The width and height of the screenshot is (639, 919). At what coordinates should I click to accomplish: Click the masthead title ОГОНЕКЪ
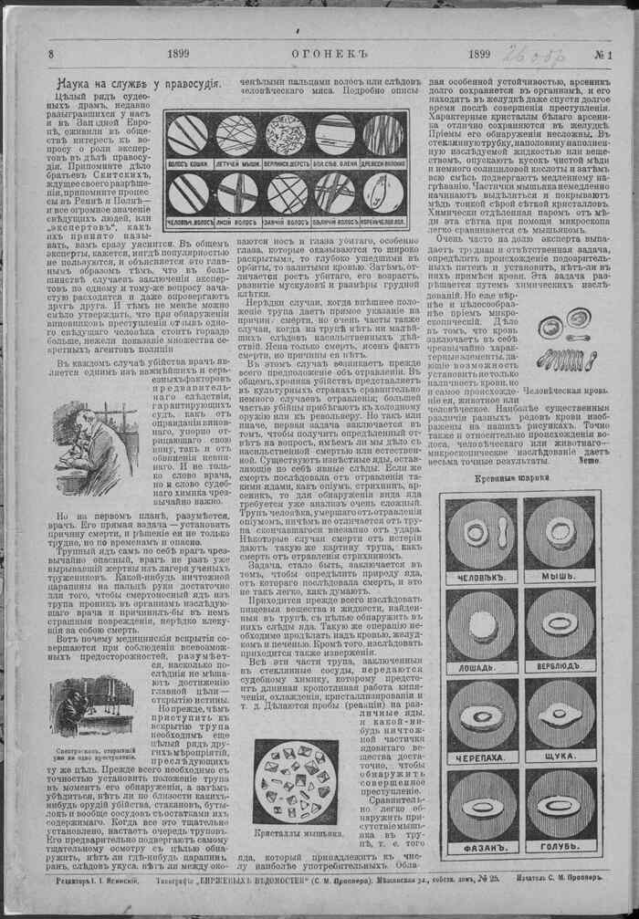[x=319, y=55]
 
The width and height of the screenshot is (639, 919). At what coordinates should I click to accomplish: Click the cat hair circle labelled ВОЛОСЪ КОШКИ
[x=185, y=135]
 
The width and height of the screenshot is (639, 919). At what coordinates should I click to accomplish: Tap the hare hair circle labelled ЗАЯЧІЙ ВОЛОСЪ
[x=286, y=194]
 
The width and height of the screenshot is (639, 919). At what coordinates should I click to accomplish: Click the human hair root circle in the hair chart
[x=384, y=194]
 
